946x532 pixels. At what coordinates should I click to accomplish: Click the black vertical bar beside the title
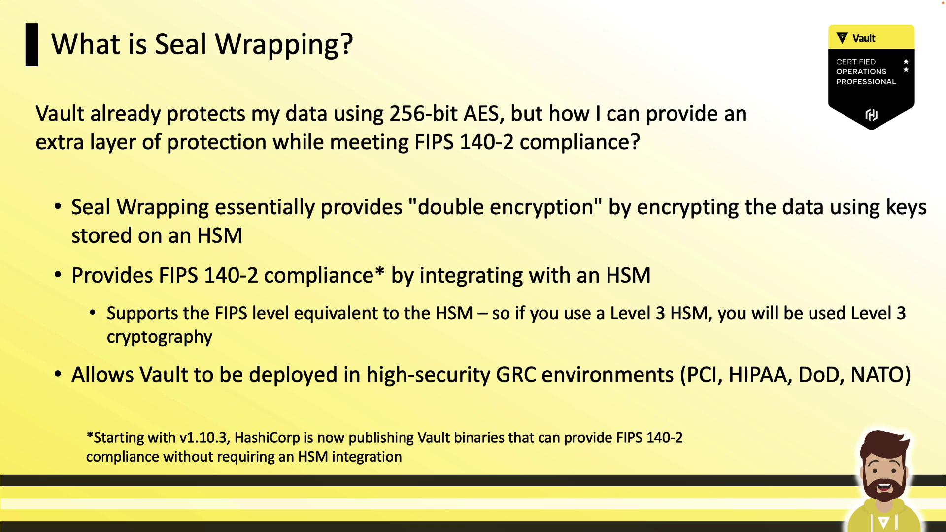pos(32,45)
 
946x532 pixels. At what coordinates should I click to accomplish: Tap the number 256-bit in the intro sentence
pos(423,114)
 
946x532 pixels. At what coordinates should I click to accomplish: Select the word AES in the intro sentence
pos(484,114)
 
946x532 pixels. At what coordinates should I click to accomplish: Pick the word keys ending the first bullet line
pos(906,208)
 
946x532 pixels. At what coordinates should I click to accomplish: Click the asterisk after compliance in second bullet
pos(379,271)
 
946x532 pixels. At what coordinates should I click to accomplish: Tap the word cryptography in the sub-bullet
pos(160,337)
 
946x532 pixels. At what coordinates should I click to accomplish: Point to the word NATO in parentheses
pos(876,375)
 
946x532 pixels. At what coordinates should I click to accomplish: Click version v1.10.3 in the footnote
pos(203,438)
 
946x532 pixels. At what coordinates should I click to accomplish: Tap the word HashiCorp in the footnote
pos(267,438)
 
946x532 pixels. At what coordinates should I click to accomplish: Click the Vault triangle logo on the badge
pos(843,38)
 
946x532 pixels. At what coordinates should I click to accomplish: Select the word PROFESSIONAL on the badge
pos(866,82)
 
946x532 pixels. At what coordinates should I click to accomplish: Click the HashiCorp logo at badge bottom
pos(871,115)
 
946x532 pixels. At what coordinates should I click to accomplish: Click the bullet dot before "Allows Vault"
pos(58,375)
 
